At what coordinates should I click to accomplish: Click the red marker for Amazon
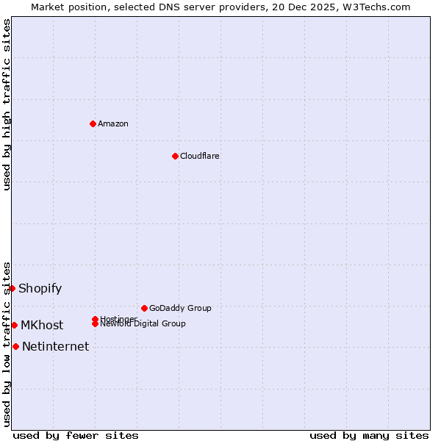click(x=93, y=123)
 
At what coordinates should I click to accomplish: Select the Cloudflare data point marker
click(x=175, y=156)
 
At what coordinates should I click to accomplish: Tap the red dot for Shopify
click(x=12, y=288)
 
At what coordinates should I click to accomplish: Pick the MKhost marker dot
click(x=14, y=325)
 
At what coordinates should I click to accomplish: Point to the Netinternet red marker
click(x=15, y=346)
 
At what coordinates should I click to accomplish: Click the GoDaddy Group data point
click(x=144, y=308)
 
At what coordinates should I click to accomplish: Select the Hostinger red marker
click(x=96, y=319)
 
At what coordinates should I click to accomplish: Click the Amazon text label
click(x=113, y=123)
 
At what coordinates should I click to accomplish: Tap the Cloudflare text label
click(x=200, y=156)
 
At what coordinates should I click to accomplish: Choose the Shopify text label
click(x=40, y=288)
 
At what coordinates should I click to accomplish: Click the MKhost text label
click(x=42, y=325)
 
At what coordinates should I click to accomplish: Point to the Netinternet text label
click(x=56, y=346)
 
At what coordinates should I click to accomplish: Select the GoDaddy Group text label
click(x=180, y=308)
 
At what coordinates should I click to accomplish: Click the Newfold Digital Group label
click(x=143, y=324)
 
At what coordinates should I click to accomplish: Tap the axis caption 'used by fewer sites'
click(x=76, y=435)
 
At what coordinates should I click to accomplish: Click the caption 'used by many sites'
click(x=369, y=435)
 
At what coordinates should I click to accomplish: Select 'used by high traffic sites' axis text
click(x=7, y=104)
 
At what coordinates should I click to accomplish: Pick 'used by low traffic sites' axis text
click(x=7, y=343)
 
